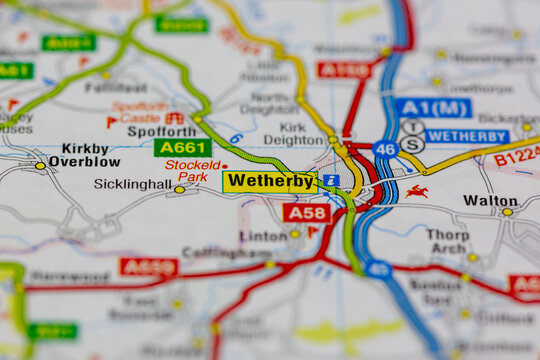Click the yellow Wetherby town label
(269, 181)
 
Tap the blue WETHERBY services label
(467, 136)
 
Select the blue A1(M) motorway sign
(433, 108)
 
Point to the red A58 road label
(306, 212)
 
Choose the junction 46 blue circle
(385, 149)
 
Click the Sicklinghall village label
(133, 184)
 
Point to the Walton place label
(490, 200)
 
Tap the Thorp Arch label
(447, 241)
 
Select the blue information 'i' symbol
(330, 181)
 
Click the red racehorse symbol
(417, 191)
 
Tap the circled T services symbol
(413, 128)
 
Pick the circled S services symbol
(413, 144)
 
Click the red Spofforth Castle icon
(175, 118)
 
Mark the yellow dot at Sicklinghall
(179, 189)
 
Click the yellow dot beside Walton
(507, 212)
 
